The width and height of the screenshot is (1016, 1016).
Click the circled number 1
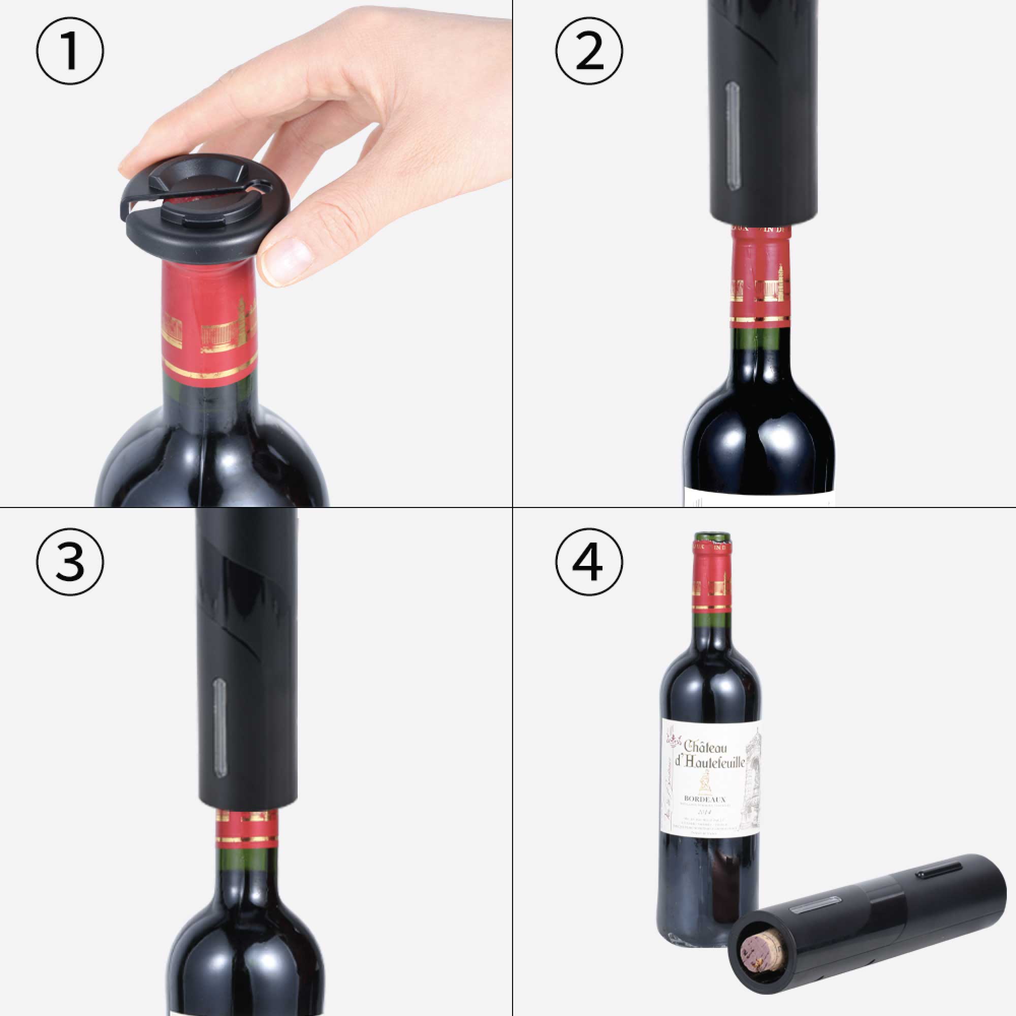pos(70,51)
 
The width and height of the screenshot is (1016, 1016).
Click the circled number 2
pos(589,51)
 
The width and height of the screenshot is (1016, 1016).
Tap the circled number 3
pos(70,562)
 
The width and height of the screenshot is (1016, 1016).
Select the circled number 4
pos(589,562)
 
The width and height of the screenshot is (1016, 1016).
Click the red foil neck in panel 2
pos(759,284)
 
